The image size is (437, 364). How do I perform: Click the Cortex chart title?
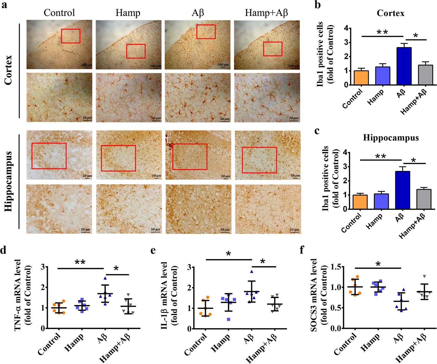(391, 13)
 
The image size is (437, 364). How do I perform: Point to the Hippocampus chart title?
(391, 138)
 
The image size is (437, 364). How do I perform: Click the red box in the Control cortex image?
(70, 36)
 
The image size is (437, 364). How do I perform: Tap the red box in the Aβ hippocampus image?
(190, 157)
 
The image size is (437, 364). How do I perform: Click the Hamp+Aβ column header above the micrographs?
(266, 13)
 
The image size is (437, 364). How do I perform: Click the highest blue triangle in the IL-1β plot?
(252, 272)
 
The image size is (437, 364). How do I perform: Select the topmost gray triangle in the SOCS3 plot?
(424, 276)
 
